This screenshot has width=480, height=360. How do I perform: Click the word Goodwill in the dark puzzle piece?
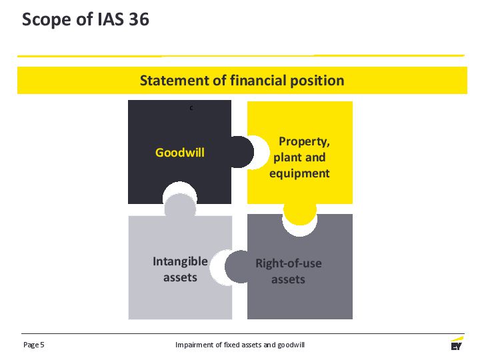(180, 153)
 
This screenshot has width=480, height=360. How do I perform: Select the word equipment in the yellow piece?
(299, 173)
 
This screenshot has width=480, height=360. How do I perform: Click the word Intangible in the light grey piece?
(180, 261)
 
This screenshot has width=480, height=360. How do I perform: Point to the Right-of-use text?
(289, 263)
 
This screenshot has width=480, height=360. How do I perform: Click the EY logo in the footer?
(457, 343)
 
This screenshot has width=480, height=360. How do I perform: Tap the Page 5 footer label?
(34, 345)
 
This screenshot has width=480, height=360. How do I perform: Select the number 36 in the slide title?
(139, 19)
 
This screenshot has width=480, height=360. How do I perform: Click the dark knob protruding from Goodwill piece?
(243, 152)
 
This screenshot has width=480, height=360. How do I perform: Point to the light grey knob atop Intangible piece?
(180, 206)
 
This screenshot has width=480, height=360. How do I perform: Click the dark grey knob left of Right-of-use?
(236, 267)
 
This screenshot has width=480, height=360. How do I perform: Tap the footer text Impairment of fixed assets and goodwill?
(240, 345)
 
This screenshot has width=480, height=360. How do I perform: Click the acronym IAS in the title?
(111, 19)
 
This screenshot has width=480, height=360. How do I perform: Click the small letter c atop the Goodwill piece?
(191, 108)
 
